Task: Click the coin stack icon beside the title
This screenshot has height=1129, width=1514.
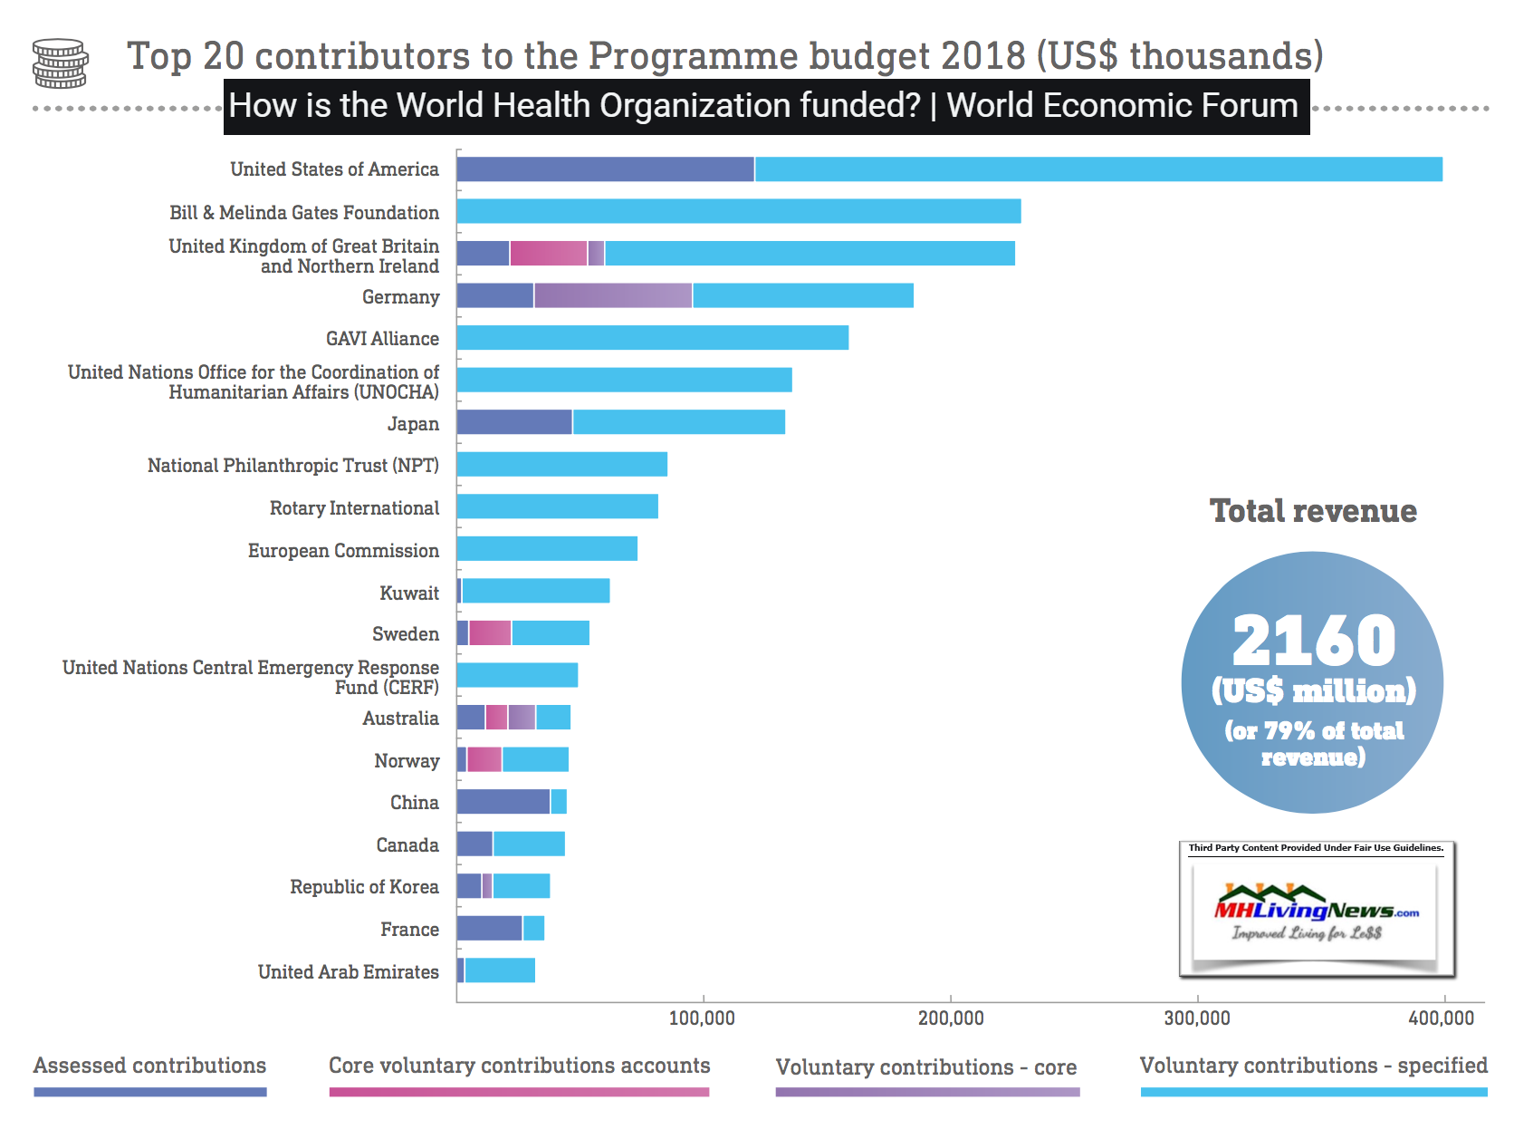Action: (x=60, y=63)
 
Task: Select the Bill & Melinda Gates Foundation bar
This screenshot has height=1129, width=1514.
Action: (x=738, y=211)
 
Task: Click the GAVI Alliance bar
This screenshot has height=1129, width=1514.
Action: (x=652, y=338)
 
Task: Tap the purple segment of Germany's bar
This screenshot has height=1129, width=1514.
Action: (x=613, y=295)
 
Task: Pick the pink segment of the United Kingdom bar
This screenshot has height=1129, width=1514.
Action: (x=548, y=254)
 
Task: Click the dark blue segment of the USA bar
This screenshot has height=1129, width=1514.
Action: (x=605, y=169)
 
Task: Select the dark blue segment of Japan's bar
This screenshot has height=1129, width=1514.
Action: (x=514, y=422)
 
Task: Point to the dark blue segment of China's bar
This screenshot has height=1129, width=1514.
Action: (x=503, y=802)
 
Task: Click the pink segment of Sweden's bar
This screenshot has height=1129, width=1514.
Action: (x=490, y=633)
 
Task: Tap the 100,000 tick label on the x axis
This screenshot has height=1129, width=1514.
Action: (x=702, y=1018)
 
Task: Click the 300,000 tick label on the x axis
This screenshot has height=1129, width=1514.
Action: (x=1196, y=1018)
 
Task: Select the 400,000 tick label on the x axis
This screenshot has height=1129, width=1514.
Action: (x=1441, y=1018)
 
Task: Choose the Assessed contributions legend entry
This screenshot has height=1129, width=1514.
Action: (x=149, y=1066)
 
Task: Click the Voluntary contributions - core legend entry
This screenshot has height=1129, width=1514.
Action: (x=925, y=1067)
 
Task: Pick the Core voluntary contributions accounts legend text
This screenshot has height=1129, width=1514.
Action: (x=519, y=1066)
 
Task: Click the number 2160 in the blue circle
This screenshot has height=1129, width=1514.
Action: (x=1313, y=641)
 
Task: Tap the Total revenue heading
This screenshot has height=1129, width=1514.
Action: (x=1313, y=511)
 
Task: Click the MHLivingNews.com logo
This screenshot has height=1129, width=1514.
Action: (x=1316, y=911)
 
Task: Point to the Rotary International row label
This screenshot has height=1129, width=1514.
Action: (x=354, y=508)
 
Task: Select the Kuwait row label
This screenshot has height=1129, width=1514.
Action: (x=409, y=593)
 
